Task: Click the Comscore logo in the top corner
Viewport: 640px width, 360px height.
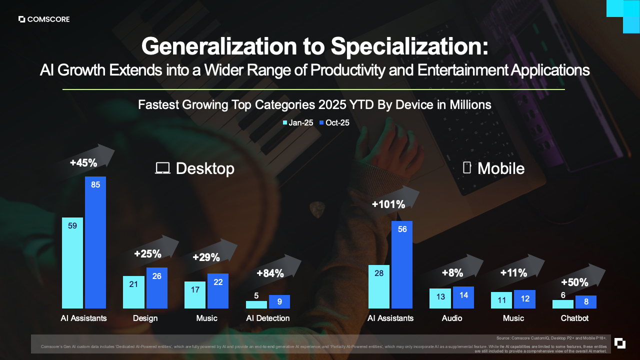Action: click(44, 19)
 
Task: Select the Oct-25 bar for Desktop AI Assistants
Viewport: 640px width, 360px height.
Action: click(95, 242)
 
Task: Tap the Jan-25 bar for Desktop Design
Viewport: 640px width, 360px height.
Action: click(133, 292)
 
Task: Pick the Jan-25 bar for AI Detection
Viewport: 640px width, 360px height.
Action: click(256, 304)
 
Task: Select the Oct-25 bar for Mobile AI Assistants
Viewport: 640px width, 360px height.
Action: click(402, 265)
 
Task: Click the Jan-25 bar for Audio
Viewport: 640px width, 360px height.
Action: click(440, 298)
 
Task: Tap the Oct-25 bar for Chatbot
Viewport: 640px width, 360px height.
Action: click(586, 302)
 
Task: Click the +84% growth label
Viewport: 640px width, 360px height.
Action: click(270, 273)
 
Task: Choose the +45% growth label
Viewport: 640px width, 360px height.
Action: click(83, 162)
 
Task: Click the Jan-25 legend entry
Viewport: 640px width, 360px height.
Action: click(298, 122)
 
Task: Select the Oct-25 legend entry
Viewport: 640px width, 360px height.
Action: click(334, 122)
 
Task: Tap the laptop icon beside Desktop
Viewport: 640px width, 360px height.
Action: click(162, 168)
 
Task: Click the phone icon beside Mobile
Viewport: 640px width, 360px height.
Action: click(467, 167)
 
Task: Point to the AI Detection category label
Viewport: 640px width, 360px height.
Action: click(267, 318)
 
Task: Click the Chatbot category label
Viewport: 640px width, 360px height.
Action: click(574, 318)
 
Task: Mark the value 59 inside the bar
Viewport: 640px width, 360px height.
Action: click(72, 226)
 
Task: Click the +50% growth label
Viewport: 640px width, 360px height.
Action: click(574, 282)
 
